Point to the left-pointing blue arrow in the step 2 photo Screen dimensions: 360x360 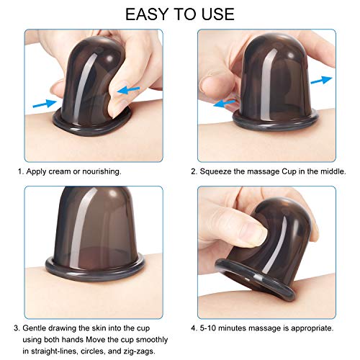coord(225,103)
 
